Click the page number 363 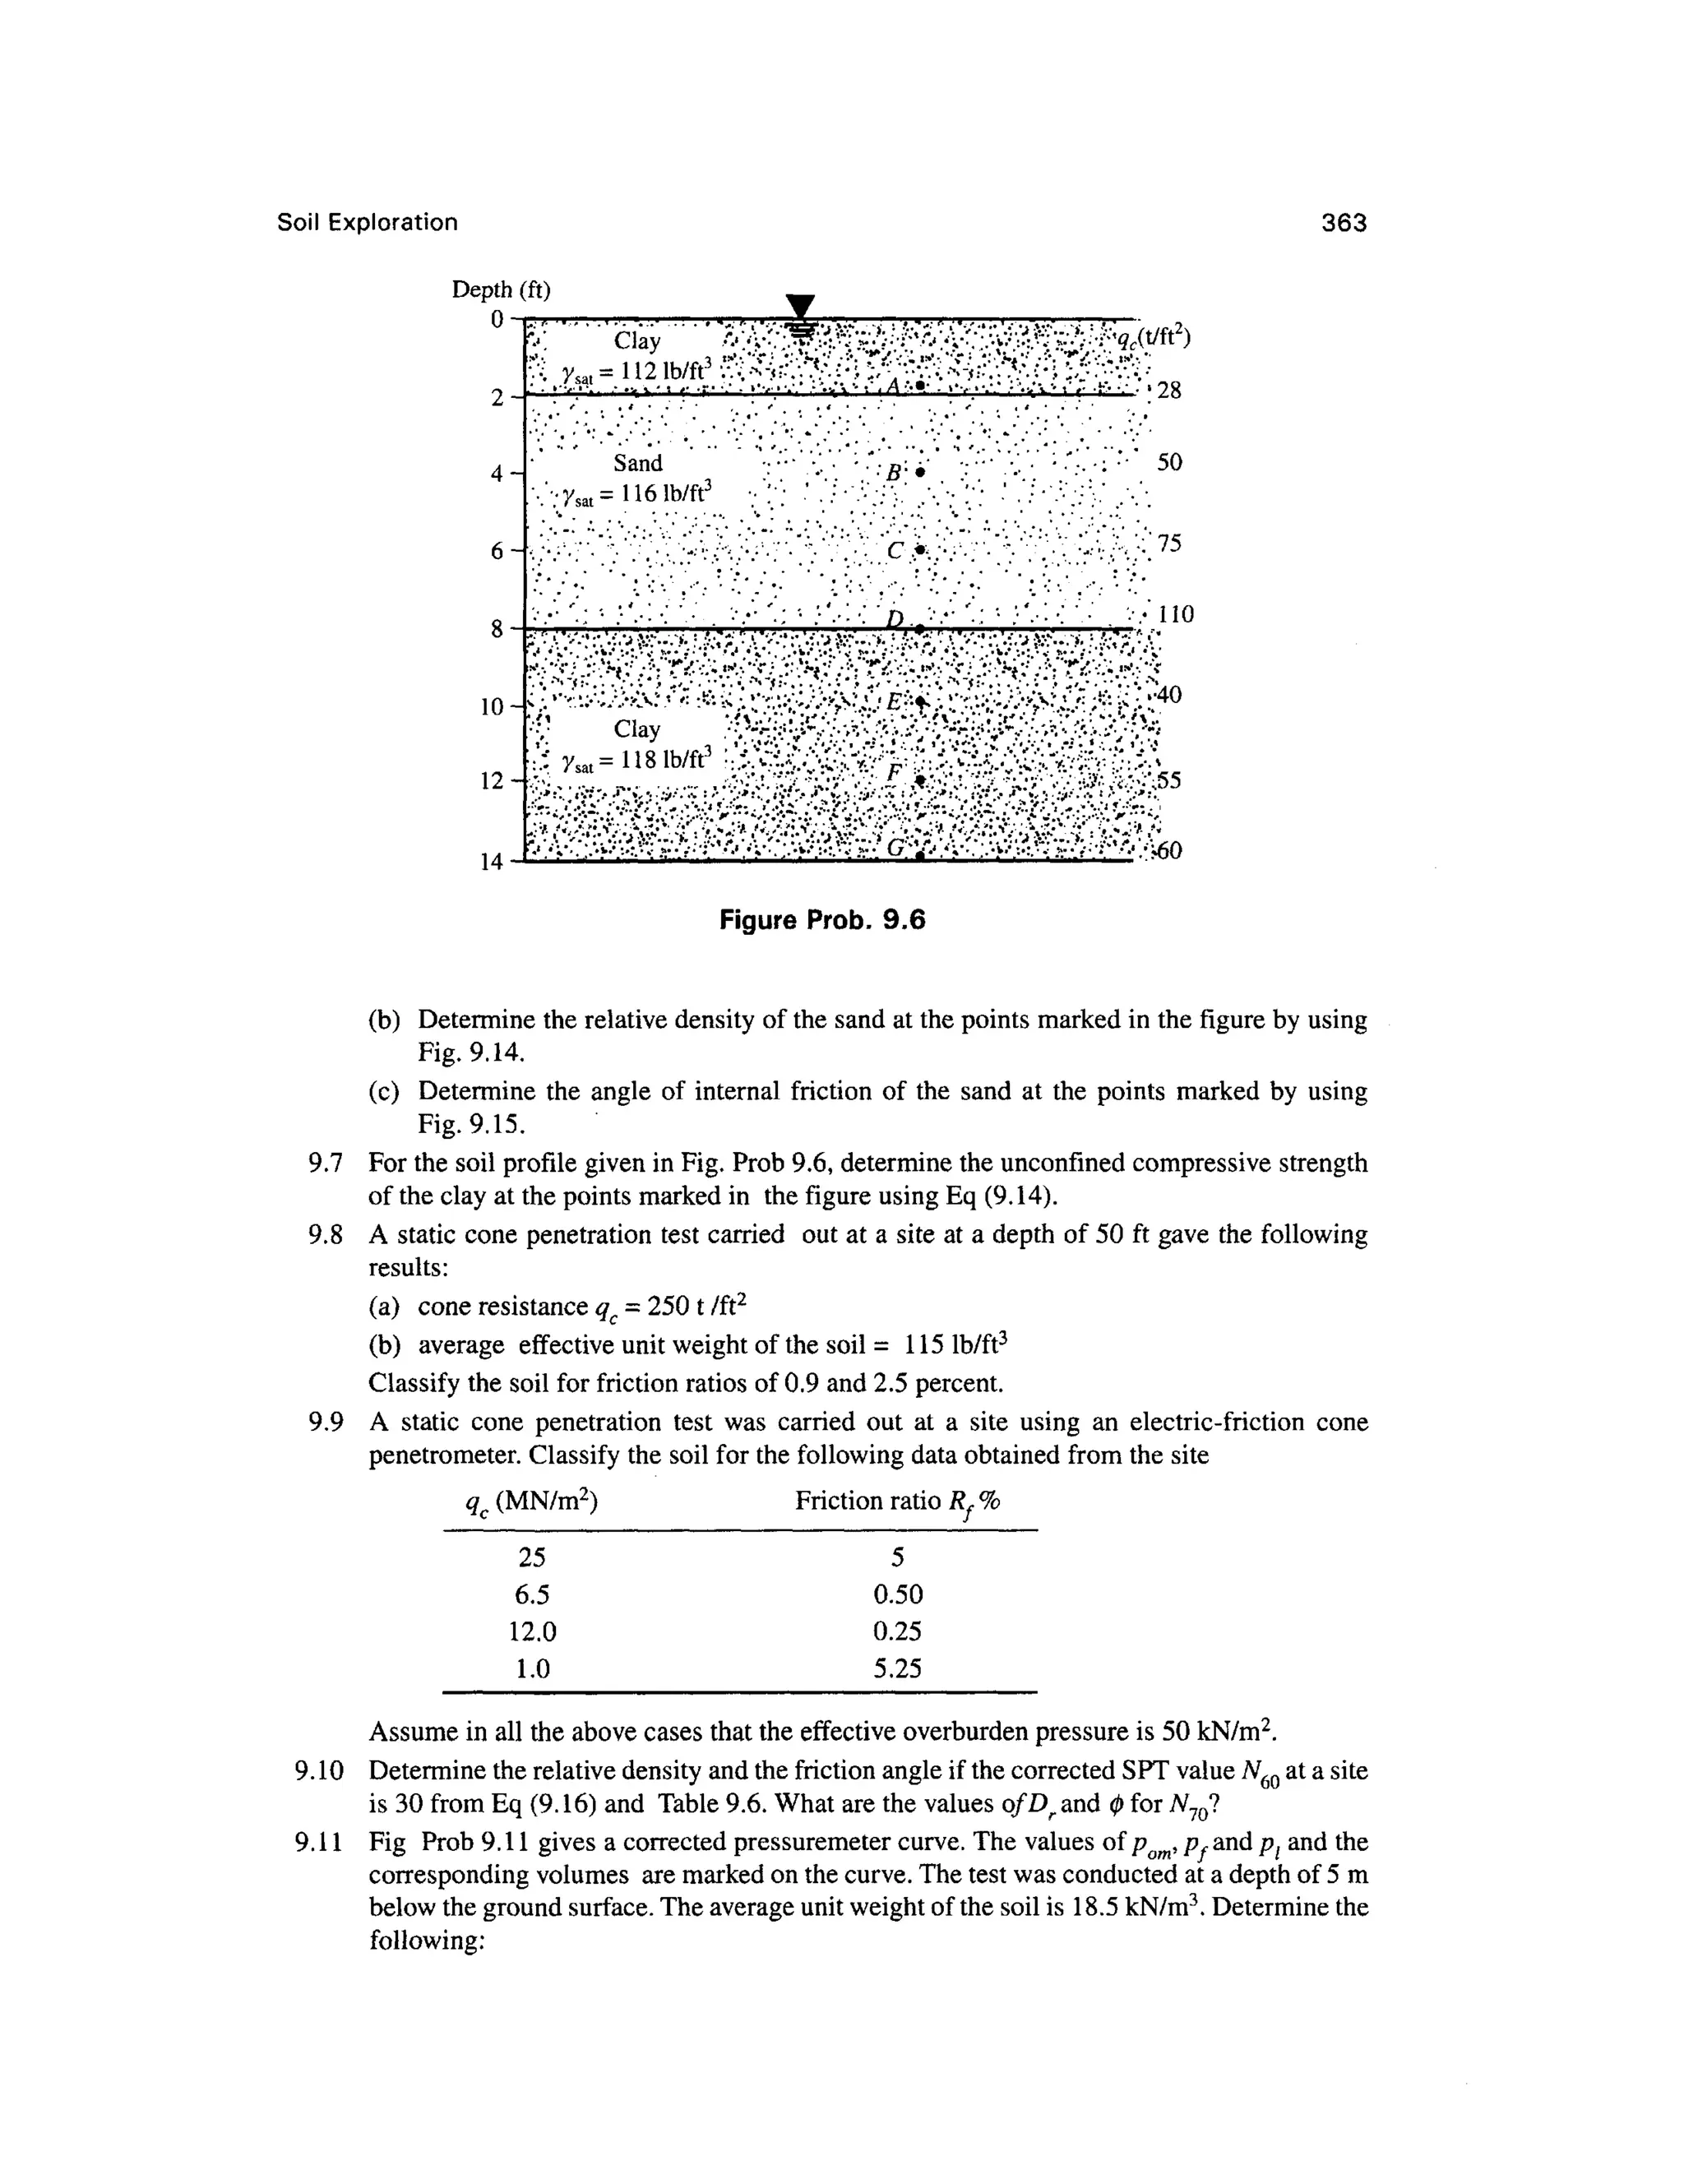tap(1343, 223)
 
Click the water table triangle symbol tap(800, 308)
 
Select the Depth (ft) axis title tap(501, 289)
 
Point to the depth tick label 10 tap(492, 707)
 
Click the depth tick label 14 tap(492, 862)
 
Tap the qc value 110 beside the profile tap(1174, 613)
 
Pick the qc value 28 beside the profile tap(1168, 390)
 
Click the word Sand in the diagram tap(637, 463)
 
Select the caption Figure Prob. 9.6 tap(822, 920)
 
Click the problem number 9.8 tap(326, 1235)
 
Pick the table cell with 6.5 tap(532, 1594)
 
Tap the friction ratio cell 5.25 tap(897, 1668)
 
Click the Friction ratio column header tap(897, 1501)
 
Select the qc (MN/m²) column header tap(532, 1501)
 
